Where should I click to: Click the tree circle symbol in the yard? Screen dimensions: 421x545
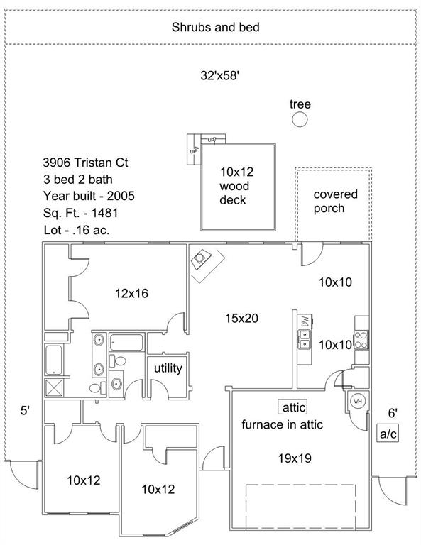coord(300,119)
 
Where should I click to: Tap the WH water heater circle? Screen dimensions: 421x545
coord(357,401)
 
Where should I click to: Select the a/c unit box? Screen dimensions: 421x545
coord(388,434)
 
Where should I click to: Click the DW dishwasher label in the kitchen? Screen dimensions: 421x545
coord(305,321)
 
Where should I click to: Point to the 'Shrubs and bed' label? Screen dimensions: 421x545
coord(216,27)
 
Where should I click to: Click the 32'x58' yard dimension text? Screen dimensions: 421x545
coord(219,75)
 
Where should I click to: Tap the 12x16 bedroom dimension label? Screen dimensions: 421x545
coord(131,294)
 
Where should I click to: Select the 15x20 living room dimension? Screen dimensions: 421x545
coord(241,319)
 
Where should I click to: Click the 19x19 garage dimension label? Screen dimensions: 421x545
coord(295,458)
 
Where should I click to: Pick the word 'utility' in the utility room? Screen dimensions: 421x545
coord(168,368)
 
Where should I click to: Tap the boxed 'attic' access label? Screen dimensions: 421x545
coord(292,407)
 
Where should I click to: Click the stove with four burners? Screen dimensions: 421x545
coord(361,341)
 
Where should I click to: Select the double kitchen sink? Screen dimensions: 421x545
coord(305,340)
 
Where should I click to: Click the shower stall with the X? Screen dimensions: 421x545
coord(54,387)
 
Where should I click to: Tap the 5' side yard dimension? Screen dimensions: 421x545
coord(25,411)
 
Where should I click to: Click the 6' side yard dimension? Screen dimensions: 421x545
coord(393,413)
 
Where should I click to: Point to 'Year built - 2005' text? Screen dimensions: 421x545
coord(89,196)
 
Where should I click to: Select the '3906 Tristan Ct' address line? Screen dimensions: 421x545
coord(85,163)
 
